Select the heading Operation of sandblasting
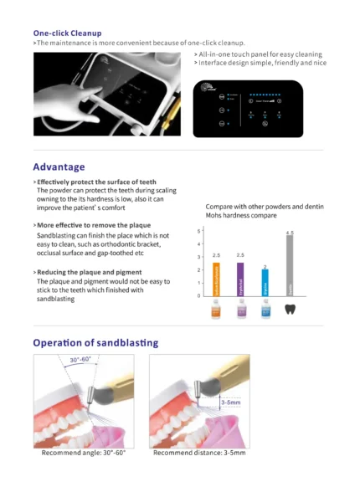[95, 342]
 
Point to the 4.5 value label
[290, 233]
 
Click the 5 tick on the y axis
[198, 230]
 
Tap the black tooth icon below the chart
[290, 309]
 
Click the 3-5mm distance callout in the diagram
[232, 402]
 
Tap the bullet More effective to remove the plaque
[95, 226]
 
